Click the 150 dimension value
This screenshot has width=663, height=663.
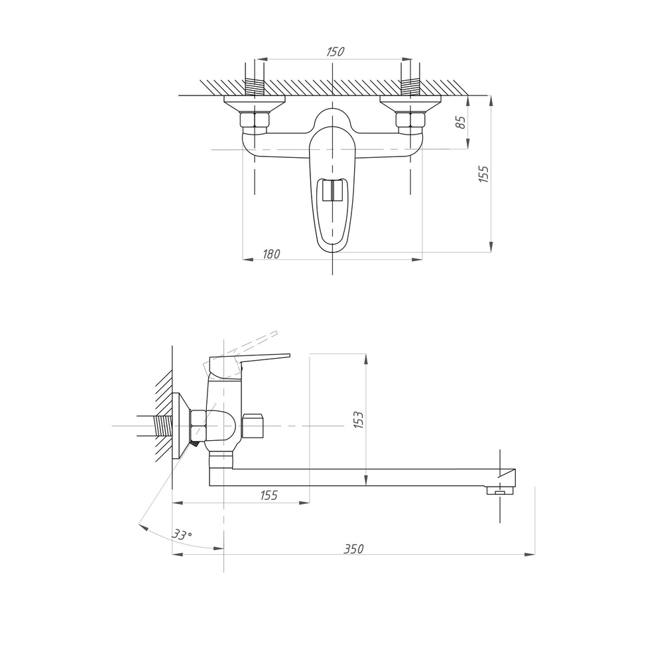335,52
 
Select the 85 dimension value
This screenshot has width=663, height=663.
461,122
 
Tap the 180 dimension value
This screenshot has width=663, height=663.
271,254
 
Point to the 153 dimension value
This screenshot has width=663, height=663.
359,420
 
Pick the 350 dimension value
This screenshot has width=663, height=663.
353,549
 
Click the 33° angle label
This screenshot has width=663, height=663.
182,534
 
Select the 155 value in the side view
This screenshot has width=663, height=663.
269,495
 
